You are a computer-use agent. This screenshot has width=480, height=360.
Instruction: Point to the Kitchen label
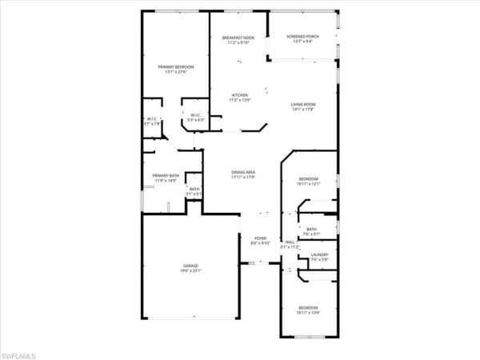click(240, 95)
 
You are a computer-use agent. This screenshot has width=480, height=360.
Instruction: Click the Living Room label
click(302, 104)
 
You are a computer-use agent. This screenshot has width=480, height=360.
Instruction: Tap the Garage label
click(190, 266)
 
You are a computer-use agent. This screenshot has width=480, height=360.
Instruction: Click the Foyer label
click(260, 238)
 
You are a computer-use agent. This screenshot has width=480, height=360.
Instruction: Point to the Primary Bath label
click(166, 175)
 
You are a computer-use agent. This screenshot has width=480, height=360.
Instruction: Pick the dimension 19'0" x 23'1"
click(190, 271)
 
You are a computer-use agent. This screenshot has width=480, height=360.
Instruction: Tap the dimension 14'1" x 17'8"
click(302, 110)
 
